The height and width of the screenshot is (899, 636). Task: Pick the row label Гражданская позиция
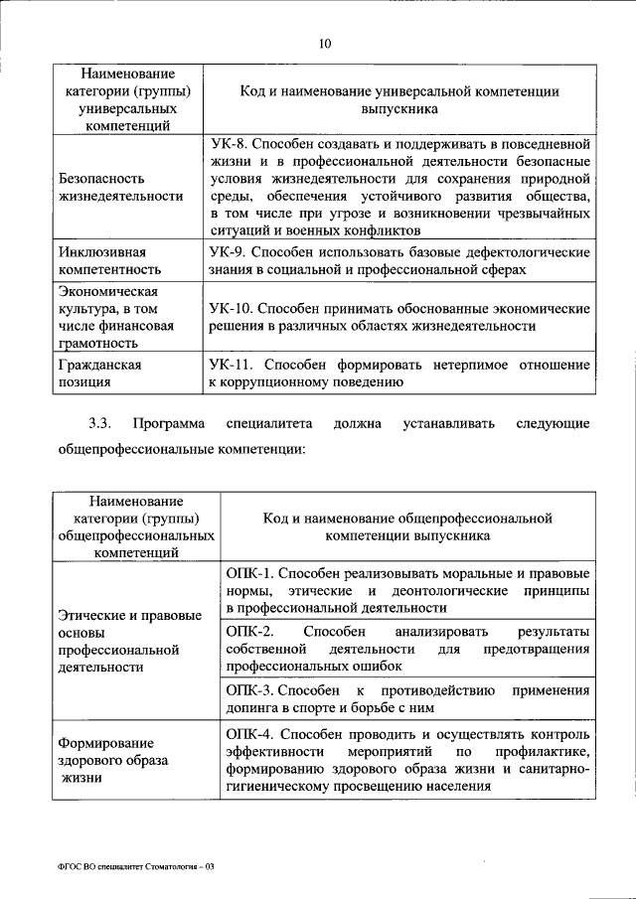(99, 373)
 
